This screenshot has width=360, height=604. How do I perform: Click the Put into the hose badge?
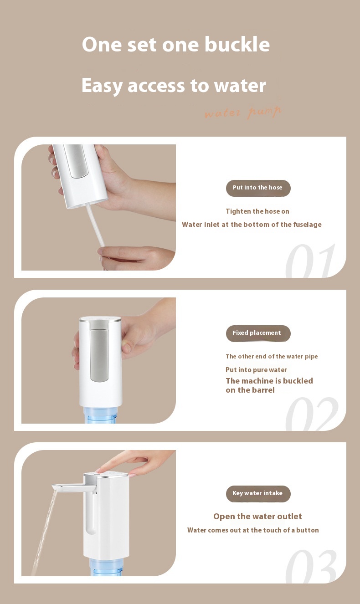[x=258, y=188]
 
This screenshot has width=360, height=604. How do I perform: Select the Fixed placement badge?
[x=258, y=333]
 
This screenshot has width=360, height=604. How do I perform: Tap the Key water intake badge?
[x=258, y=494]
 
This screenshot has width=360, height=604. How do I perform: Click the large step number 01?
[x=311, y=261]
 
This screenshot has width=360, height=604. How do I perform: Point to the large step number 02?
[x=312, y=414]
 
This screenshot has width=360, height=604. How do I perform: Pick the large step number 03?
[x=311, y=566]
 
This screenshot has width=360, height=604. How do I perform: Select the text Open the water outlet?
[x=257, y=517]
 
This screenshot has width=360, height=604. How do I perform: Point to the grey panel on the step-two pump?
[x=99, y=355]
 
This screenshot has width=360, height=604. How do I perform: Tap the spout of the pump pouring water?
[x=73, y=488]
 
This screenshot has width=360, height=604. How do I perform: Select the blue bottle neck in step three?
[x=107, y=567]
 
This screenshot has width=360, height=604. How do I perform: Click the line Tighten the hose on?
[x=257, y=211]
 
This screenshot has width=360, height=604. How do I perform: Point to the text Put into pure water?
[x=256, y=370]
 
